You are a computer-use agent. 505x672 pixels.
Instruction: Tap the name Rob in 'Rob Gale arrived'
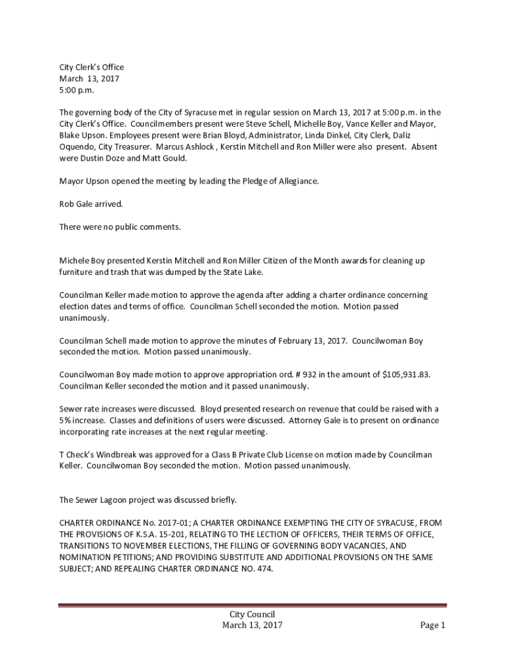click(x=67, y=203)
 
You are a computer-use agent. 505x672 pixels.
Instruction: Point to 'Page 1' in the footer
click(x=433, y=625)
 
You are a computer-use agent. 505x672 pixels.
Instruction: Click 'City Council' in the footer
click(x=252, y=614)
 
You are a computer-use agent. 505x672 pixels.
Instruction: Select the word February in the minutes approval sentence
click(x=289, y=341)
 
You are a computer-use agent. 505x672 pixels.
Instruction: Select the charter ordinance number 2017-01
click(x=161, y=523)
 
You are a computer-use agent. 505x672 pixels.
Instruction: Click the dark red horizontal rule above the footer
click(x=252, y=605)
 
